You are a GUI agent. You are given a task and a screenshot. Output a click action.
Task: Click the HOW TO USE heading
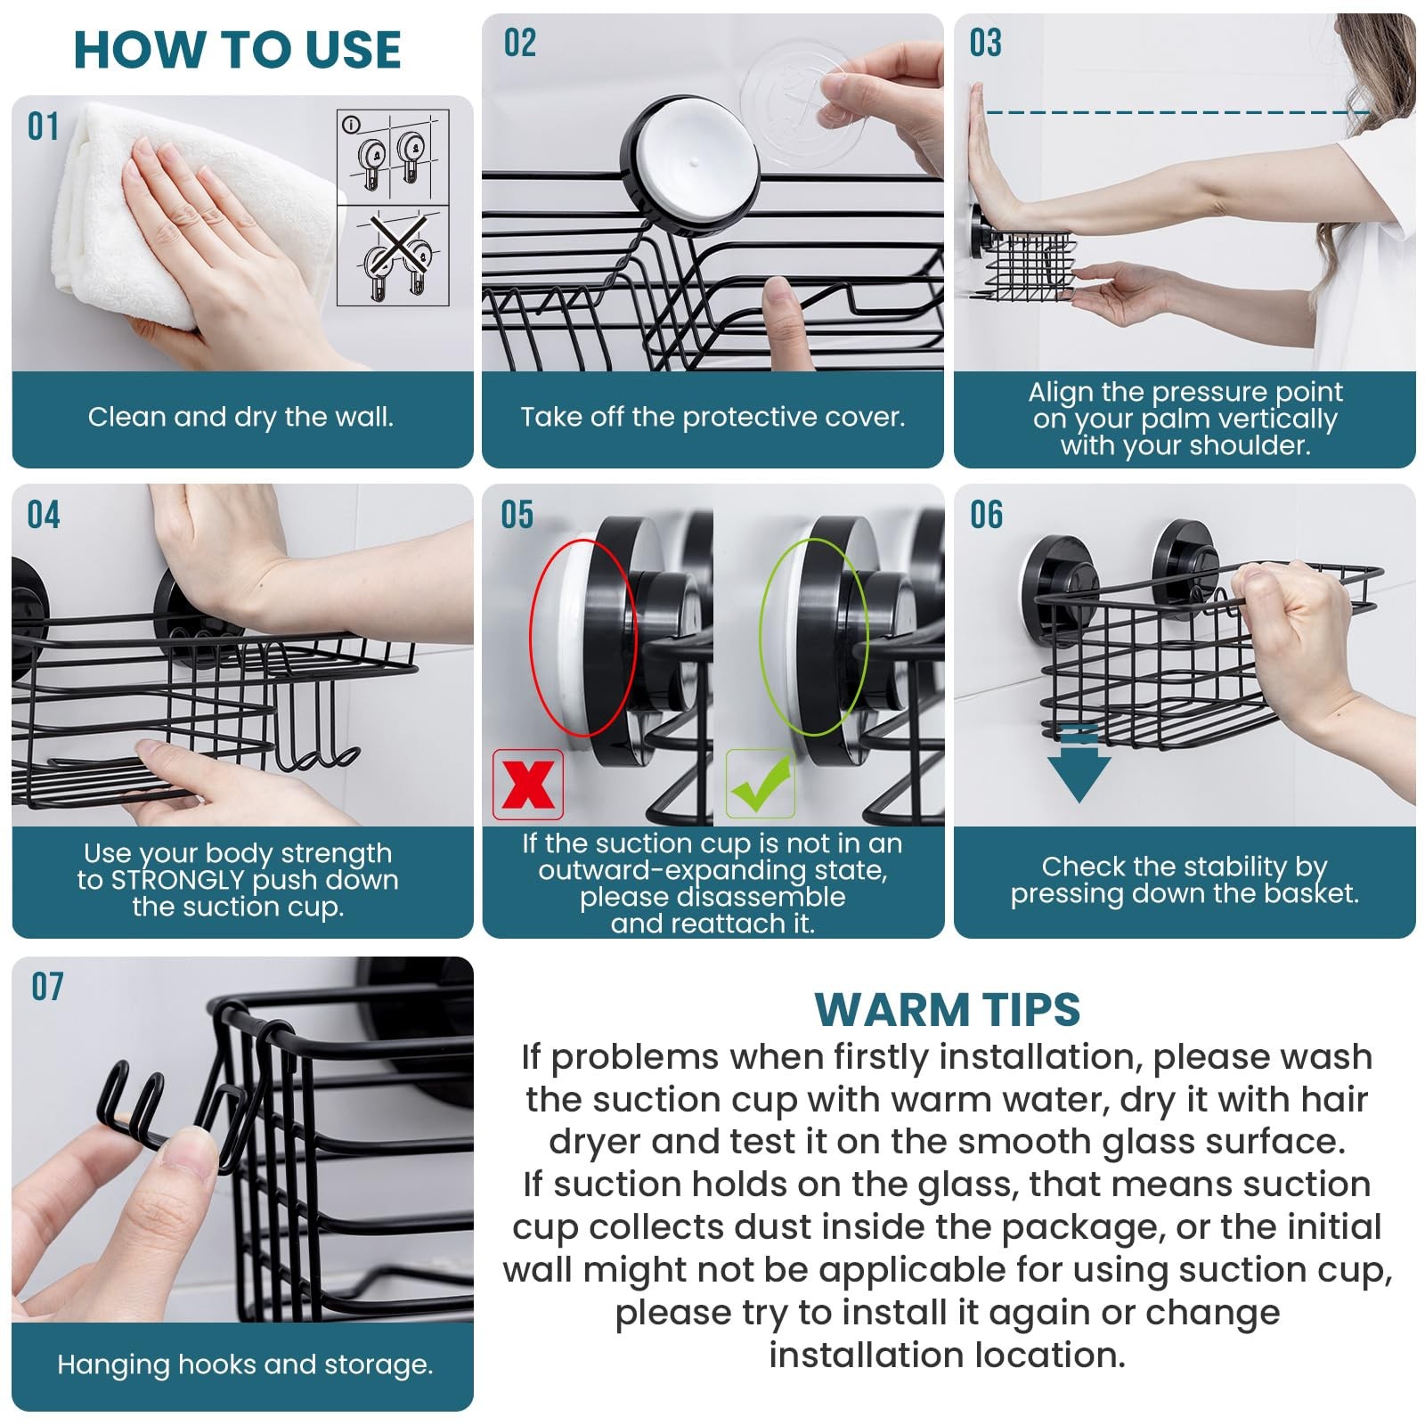[x=237, y=50]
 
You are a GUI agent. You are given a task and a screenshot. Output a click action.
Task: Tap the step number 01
[x=43, y=127]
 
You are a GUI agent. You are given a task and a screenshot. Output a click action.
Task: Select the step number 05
[x=517, y=516]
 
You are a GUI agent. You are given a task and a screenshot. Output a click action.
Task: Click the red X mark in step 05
[x=528, y=785]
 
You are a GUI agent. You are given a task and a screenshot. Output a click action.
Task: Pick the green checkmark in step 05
[x=760, y=784]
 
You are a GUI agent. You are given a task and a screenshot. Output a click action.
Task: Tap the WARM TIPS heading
[x=947, y=1010]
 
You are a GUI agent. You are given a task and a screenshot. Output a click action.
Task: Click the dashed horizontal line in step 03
[x=1176, y=112]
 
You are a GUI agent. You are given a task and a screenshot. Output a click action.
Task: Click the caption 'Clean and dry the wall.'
[x=240, y=417]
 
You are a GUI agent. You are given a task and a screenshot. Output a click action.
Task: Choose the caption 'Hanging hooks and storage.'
[x=245, y=1364]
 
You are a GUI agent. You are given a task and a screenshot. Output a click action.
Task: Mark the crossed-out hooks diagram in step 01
[x=393, y=255]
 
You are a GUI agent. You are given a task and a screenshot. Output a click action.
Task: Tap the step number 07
[x=47, y=987]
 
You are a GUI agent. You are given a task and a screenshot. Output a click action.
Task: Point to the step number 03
[x=985, y=44]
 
